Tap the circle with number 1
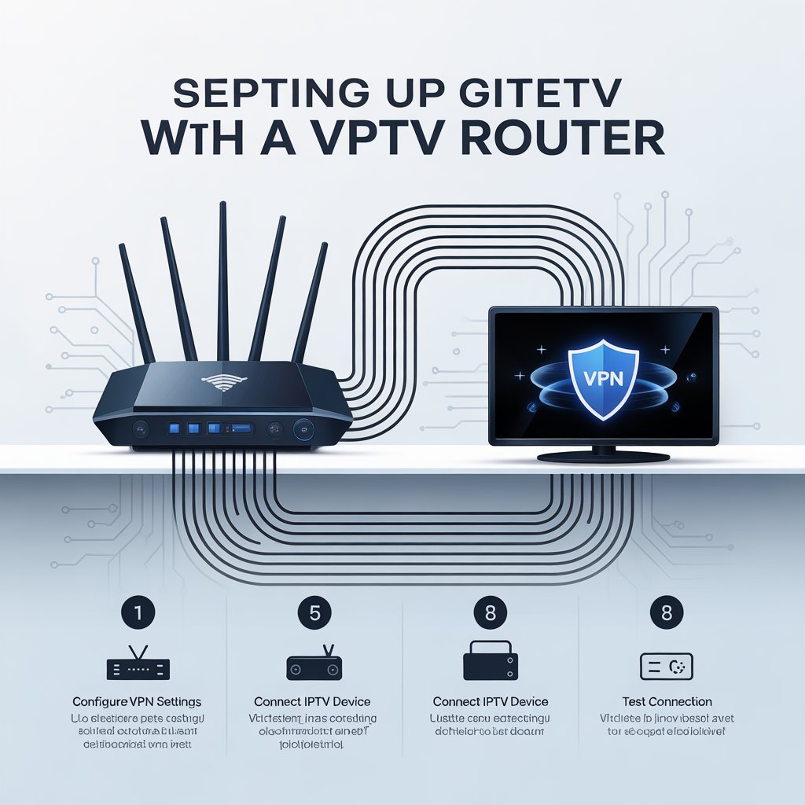coord(137,612)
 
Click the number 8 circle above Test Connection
coord(667,612)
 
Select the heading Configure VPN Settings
coord(137,701)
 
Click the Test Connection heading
coord(667,701)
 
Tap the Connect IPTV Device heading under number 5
coord(312,701)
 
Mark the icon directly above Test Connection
coord(667,665)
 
